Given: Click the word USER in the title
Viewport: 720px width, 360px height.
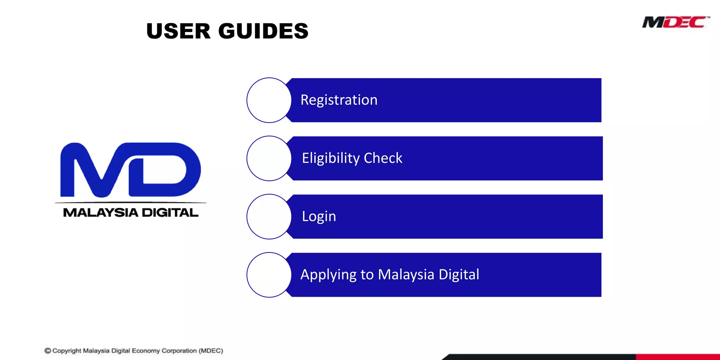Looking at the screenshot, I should (178, 31).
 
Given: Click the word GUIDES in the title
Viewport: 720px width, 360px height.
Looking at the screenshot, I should (263, 31).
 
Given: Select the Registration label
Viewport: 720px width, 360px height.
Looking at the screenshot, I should (339, 100).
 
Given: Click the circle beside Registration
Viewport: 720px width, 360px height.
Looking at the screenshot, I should (269, 100).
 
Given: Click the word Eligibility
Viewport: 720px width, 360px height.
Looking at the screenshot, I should (330, 158).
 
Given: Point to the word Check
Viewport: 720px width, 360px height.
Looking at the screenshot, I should (383, 158).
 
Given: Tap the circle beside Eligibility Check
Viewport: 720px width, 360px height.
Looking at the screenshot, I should (269, 159).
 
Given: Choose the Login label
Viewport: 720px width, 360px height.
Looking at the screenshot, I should (319, 216).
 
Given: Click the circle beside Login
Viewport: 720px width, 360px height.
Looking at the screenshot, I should (269, 217).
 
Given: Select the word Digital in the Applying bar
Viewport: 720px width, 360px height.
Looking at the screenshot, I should (459, 275).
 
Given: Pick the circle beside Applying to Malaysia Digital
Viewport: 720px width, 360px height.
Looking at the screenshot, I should (269, 275).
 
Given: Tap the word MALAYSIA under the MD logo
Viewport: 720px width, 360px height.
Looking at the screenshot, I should (101, 213).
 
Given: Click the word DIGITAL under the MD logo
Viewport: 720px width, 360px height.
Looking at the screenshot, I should (170, 213).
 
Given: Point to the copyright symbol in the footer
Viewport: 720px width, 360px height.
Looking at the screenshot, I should (48, 351).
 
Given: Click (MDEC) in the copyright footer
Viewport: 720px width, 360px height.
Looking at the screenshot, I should (211, 351).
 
